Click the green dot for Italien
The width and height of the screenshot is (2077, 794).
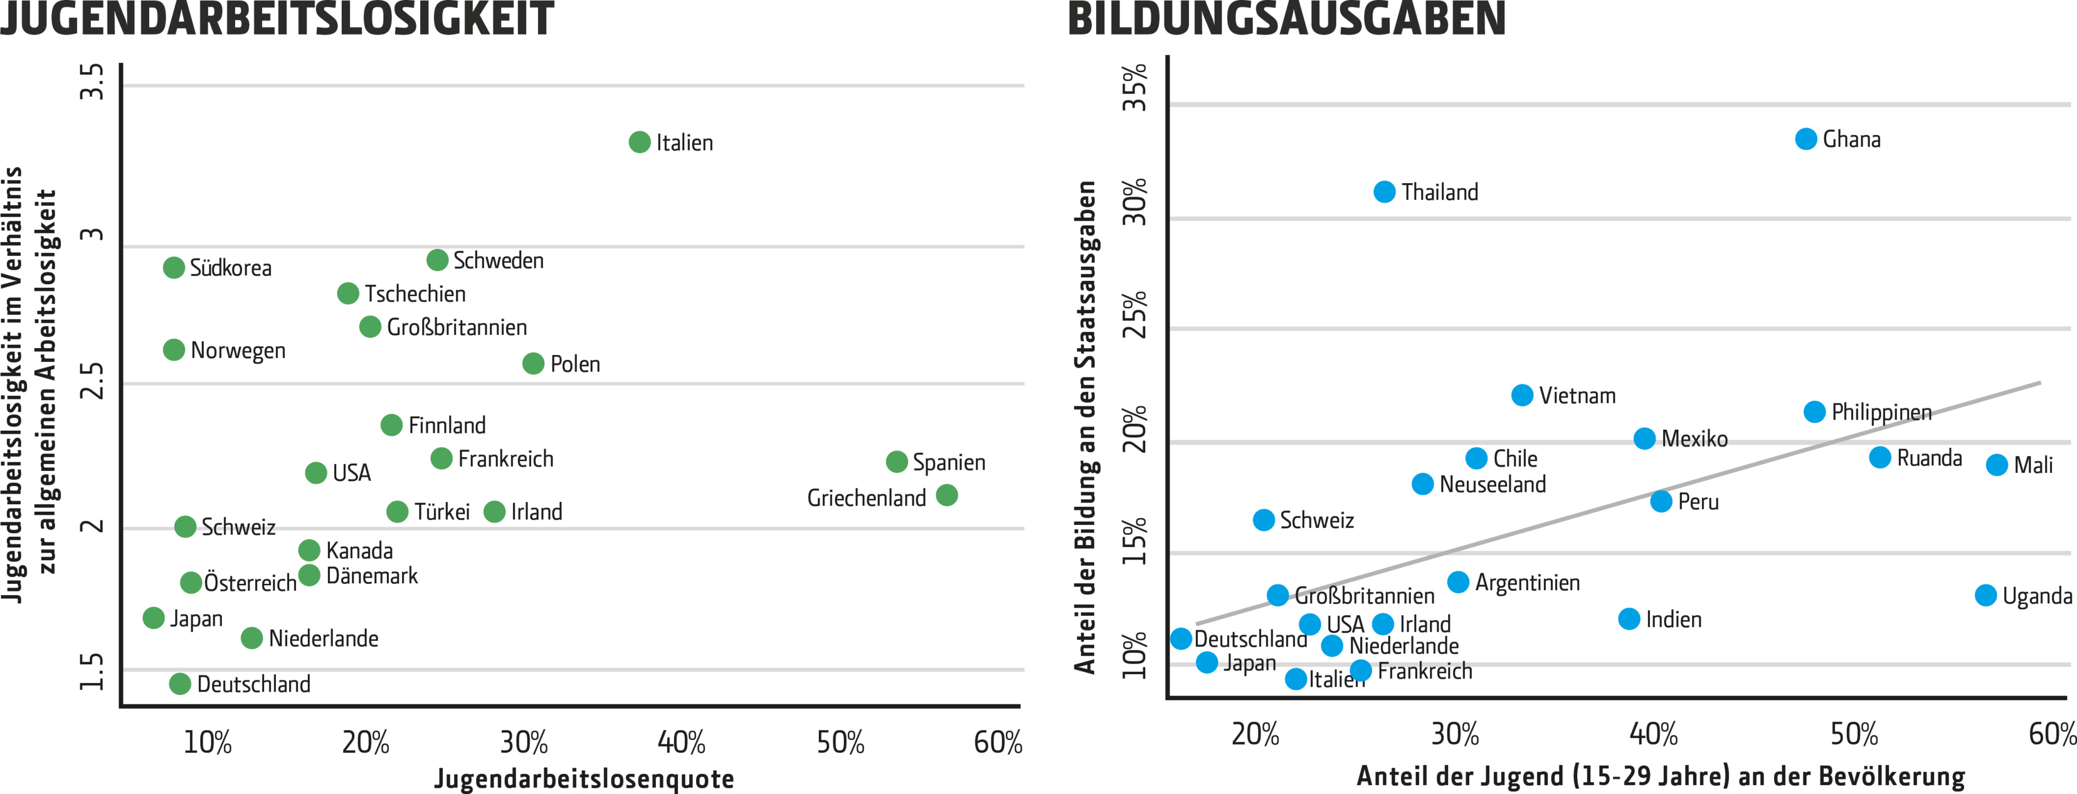coord(640,142)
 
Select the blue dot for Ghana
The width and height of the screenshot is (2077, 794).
coord(1806,139)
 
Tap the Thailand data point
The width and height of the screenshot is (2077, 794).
coord(1385,192)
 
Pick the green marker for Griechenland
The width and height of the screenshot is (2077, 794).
coord(946,495)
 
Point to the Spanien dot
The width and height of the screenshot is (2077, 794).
coord(897,461)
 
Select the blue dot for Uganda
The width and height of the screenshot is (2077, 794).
coord(1986,596)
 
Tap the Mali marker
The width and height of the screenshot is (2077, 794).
coord(1996,464)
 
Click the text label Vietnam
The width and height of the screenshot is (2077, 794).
coord(1577,396)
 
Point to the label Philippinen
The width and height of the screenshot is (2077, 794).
coord(1881,412)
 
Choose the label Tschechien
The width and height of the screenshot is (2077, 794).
coord(415,294)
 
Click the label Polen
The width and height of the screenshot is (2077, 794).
coord(575,364)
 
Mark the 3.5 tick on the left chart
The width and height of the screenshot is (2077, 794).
coord(93,82)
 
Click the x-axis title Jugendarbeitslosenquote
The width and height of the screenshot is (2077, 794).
coord(584,779)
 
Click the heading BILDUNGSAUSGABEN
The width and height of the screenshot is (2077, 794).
coord(1286,19)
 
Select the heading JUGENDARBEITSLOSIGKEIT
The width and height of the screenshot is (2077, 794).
coord(277,19)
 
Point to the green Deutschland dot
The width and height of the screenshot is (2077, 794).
coord(180,684)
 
